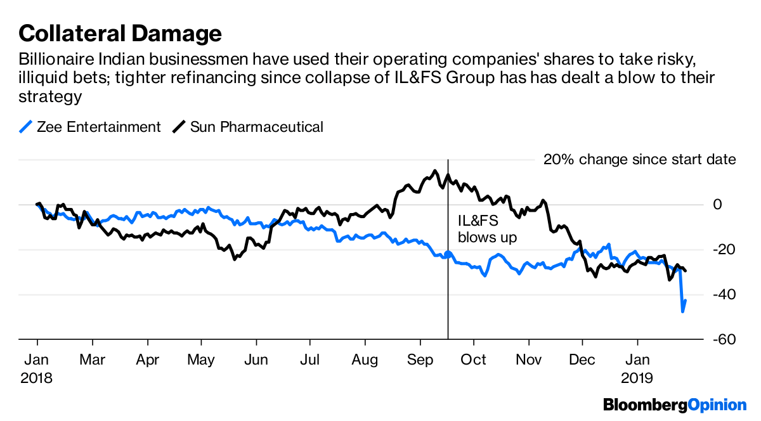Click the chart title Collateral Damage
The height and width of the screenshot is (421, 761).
[120, 32]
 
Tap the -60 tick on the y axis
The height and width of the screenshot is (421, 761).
[724, 340]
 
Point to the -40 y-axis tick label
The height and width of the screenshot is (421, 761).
[724, 295]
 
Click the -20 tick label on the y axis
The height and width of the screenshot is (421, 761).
[724, 250]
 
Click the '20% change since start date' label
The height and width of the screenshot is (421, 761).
[639, 159]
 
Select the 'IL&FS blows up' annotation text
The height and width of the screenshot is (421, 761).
[487, 229]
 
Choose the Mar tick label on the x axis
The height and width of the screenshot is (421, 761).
[92, 360]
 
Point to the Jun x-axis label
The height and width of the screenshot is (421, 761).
[255, 360]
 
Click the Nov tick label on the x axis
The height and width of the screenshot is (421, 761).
[528, 360]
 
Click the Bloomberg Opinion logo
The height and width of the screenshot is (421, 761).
[675, 404]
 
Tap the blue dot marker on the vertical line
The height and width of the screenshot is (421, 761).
[448, 254]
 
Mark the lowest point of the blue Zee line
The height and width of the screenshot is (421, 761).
[683, 311]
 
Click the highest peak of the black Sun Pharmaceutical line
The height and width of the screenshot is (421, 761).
[434, 170]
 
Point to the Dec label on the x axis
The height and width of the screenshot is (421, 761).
[582, 360]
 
